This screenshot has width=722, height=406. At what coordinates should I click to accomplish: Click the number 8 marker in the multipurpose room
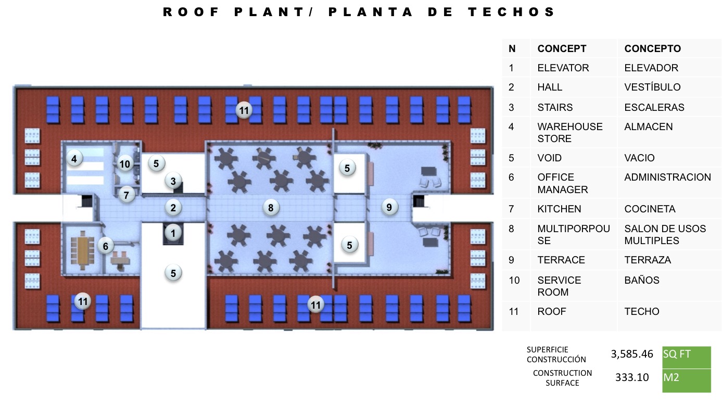(x=271, y=208)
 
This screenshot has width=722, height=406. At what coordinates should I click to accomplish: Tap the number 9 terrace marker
(x=389, y=207)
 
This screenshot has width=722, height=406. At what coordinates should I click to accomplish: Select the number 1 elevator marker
(x=173, y=233)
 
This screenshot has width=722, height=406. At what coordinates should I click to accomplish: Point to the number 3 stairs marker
(x=173, y=181)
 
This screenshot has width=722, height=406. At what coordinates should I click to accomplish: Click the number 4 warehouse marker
(x=74, y=159)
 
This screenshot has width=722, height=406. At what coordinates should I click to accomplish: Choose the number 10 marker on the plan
(x=125, y=164)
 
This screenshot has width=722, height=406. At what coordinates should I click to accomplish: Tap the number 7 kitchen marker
(x=126, y=195)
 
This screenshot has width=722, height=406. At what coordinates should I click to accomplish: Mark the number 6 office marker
(x=105, y=246)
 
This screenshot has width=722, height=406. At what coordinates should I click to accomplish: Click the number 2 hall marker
(x=173, y=208)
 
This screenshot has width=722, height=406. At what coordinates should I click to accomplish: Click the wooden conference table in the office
(x=83, y=250)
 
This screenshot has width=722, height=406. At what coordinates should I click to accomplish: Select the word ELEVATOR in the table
(x=563, y=68)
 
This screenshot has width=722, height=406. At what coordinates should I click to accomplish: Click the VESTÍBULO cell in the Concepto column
(x=652, y=87)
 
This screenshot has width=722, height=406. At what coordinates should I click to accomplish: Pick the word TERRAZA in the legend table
(x=648, y=260)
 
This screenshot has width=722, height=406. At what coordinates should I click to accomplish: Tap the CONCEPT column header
(x=562, y=48)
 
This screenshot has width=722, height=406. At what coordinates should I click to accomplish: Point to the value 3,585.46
(x=632, y=354)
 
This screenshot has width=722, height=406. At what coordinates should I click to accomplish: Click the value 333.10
(x=632, y=377)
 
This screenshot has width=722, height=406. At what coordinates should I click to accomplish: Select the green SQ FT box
(x=687, y=358)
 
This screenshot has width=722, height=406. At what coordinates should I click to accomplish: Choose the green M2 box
(x=687, y=381)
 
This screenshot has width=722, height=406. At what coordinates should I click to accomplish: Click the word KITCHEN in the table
(x=559, y=209)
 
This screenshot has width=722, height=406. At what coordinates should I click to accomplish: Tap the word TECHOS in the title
(x=512, y=12)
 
